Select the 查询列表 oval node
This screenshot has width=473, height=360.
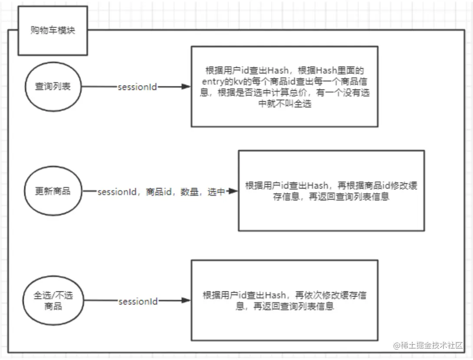53,87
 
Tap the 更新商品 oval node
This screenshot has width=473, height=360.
53,191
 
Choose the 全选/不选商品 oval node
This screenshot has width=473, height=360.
53,301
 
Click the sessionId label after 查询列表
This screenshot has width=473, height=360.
138,87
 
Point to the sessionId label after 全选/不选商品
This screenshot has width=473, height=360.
138,301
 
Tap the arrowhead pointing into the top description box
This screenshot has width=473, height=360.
187,87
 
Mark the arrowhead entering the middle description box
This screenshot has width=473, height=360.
233,192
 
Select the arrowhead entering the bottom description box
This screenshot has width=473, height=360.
187,301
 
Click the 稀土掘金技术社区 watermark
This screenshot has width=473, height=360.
430,346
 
